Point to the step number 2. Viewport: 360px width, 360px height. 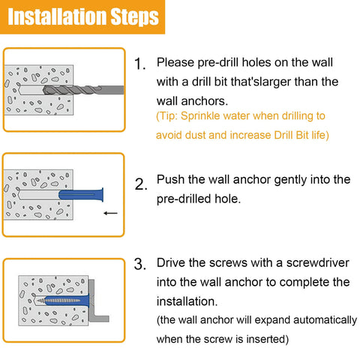coord(140,184)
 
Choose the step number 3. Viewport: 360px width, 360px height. coord(139,265)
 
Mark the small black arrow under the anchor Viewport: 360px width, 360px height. coord(111,213)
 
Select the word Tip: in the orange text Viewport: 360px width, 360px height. coord(170,118)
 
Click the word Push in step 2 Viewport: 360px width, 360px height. coord(171,180)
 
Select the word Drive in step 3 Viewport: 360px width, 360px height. coord(172,263)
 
